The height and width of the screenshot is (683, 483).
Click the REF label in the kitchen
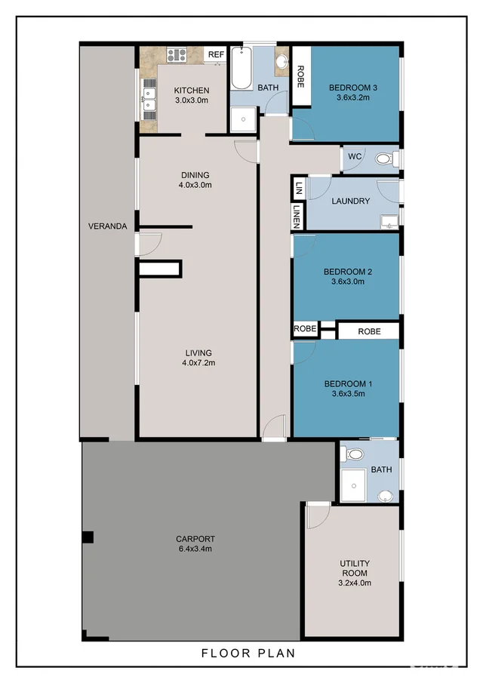click(x=216, y=54)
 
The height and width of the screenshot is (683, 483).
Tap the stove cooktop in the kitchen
click(x=177, y=55)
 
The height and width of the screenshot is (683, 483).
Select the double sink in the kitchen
click(x=149, y=100)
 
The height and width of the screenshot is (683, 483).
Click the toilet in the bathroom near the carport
click(x=354, y=455)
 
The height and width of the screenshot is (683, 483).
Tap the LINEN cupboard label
click(x=297, y=217)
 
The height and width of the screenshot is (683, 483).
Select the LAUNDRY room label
click(x=351, y=202)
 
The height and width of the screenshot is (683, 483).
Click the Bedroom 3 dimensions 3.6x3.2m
click(x=352, y=97)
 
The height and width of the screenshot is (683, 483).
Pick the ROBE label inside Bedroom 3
click(x=300, y=76)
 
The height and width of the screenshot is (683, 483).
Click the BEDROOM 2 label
click(x=348, y=272)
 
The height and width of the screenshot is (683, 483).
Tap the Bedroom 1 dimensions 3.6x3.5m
click(x=348, y=394)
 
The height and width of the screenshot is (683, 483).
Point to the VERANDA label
click(x=108, y=226)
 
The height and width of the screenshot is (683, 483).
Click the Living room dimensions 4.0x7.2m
click(x=198, y=362)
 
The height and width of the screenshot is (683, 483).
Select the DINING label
click(x=195, y=175)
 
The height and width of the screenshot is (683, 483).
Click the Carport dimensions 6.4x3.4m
click(x=195, y=549)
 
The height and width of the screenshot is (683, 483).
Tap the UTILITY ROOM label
click(x=355, y=568)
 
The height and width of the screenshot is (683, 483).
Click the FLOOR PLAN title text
click(x=248, y=653)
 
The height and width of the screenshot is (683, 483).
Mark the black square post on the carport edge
click(x=88, y=537)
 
